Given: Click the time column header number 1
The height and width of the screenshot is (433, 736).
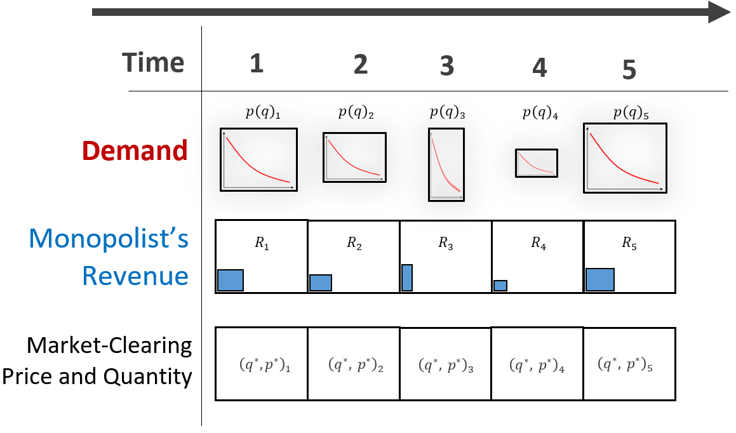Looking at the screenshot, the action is (257, 63).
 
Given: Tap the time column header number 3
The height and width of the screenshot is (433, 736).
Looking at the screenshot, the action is (447, 65).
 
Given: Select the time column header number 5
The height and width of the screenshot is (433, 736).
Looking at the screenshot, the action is (629, 70).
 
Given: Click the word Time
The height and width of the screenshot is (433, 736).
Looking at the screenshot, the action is (153, 62).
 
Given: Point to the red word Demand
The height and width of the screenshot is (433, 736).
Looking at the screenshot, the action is (135, 150).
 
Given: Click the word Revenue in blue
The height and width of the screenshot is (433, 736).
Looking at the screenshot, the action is (135, 276).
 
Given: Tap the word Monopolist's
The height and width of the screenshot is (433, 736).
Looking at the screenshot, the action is (109, 238).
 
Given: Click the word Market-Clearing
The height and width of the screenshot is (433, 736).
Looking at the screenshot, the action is (109, 346).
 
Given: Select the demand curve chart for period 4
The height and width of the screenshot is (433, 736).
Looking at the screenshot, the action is (537, 163).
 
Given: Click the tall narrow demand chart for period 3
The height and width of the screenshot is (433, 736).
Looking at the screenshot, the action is (446, 164).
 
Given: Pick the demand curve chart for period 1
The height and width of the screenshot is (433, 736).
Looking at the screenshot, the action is (258, 159).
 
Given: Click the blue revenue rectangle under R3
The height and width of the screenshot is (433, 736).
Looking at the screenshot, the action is (407, 277).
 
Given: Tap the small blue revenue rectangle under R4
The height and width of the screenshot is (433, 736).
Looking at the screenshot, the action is (500, 285).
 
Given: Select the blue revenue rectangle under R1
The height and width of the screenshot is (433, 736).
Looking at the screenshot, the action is (231, 280).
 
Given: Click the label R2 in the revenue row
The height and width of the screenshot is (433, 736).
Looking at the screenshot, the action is (354, 243).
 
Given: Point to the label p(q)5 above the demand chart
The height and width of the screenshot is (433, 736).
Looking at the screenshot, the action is (631, 113).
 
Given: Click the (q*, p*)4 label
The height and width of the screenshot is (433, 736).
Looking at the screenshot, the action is (537, 364).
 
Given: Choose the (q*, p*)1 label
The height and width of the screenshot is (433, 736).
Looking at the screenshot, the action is (265, 364).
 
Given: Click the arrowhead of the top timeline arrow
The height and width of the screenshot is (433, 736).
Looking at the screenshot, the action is (719, 12).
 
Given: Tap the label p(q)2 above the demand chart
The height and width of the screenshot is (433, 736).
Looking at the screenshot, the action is (356, 112).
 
